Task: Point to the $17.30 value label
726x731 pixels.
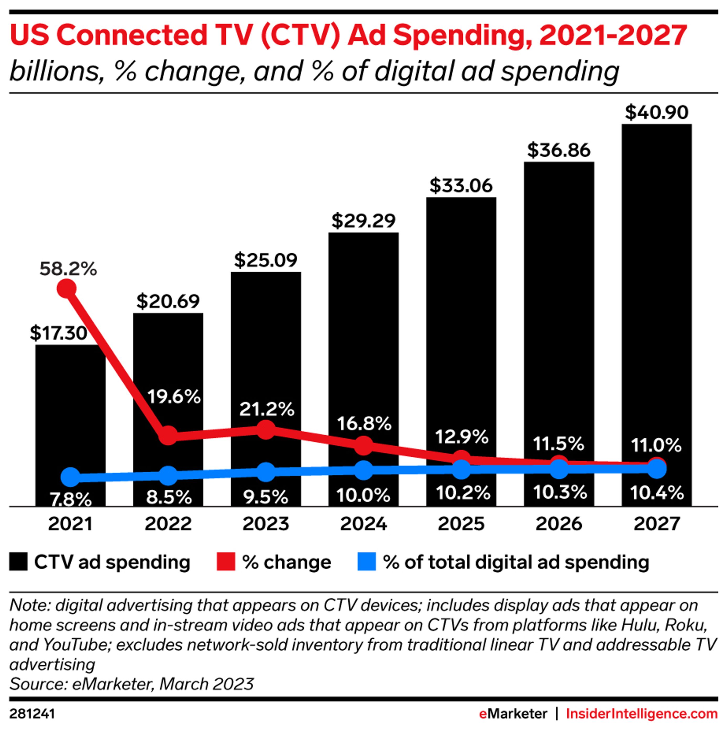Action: pyautogui.click(x=59, y=333)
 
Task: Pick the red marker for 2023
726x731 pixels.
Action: pyautogui.click(x=266, y=430)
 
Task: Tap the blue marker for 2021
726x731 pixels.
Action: pyautogui.click(x=70, y=477)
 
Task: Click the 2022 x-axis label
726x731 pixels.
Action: pyautogui.click(x=168, y=524)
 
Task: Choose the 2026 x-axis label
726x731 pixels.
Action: pyautogui.click(x=559, y=524)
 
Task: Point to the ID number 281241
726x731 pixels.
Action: pyautogui.click(x=32, y=714)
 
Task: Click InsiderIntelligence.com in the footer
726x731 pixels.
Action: pyautogui.click(x=642, y=714)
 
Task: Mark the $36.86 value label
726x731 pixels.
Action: pyautogui.click(x=559, y=150)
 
